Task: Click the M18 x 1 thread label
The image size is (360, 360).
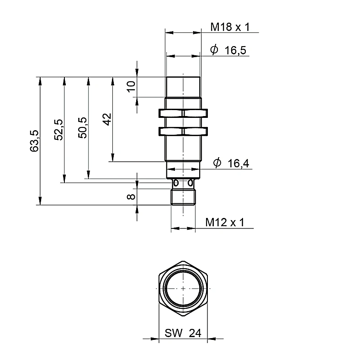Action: (230, 27)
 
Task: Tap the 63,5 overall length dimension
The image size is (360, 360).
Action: (34, 141)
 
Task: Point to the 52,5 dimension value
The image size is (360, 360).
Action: (58, 130)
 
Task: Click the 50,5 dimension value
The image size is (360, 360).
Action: (82, 127)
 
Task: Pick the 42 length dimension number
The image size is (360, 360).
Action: (107, 119)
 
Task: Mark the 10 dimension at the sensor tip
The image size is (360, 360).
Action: (131, 86)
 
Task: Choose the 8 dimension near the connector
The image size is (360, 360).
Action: (131, 196)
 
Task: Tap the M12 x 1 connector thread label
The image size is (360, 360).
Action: (225, 222)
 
